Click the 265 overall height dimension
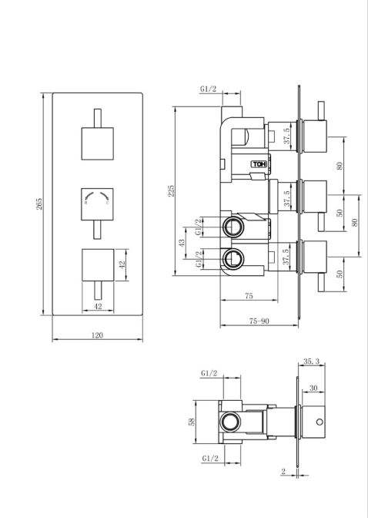[39, 203]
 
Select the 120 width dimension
[98, 335]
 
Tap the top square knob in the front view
[97, 143]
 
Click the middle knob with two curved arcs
[97, 201]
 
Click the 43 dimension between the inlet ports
[182, 243]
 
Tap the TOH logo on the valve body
[258, 163]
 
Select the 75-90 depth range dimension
[259, 320]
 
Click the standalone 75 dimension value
[249, 294]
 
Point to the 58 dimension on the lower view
[192, 421]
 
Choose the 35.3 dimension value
[312, 360]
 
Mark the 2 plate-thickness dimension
[283, 472]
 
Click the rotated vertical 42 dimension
[121, 264]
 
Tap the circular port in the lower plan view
[229, 422]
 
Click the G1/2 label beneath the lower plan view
[209, 458]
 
